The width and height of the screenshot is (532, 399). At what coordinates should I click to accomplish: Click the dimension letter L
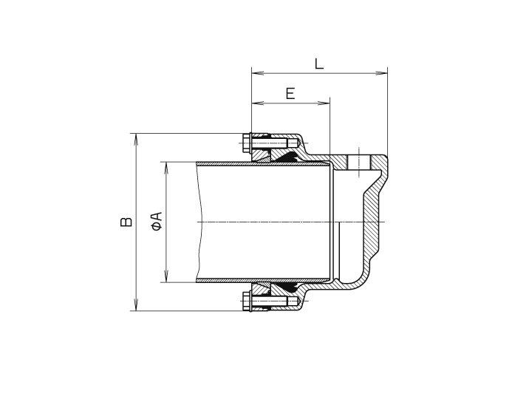point(318,63)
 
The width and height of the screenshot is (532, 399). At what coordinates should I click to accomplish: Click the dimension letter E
point(290,93)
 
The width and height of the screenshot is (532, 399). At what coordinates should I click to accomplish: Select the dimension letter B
point(126,221)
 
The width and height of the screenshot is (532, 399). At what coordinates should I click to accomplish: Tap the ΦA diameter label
point(157,221)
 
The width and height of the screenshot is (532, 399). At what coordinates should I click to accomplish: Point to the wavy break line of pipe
point(198,222)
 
